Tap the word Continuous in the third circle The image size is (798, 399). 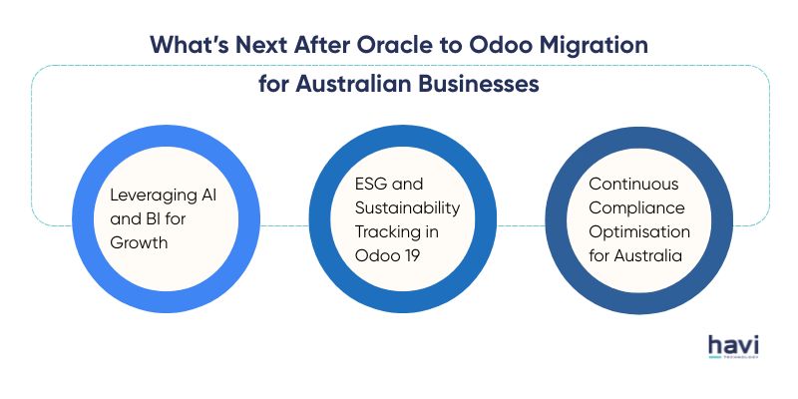click(x=629, y=184)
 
